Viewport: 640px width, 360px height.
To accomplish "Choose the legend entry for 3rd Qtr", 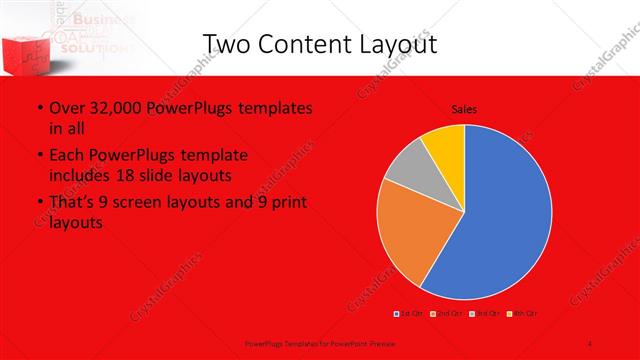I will pos(477,314).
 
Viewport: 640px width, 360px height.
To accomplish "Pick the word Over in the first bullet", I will pos(67,107).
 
